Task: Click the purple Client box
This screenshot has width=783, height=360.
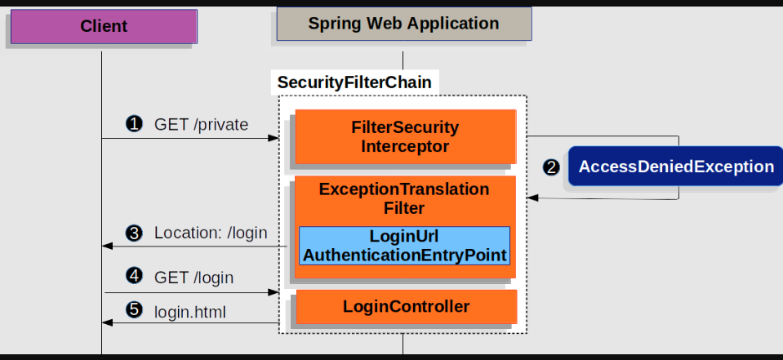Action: coord(104,26)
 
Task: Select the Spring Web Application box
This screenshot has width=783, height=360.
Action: coord(403,24)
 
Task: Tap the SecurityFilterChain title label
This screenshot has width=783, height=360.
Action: coord(354,82)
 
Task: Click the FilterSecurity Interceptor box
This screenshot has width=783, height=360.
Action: coord(405,137)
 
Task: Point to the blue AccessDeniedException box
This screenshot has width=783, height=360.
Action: coord(675,167)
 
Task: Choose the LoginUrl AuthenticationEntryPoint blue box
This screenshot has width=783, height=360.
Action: coord(404,246)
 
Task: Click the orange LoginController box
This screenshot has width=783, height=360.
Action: coord(406,307)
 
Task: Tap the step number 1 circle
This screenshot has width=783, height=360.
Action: coord(134,124)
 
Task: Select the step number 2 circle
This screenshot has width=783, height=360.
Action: coord(552,167)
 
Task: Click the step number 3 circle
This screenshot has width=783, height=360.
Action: coord(134,233)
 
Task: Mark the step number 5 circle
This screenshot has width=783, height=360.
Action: coord(134,311)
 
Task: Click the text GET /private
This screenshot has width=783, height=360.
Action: coord(201,124)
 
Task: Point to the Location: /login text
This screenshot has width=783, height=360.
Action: coord(211,233)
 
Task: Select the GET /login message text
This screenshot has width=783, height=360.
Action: coord(194,278)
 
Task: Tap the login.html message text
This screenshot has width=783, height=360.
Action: coord(190,311)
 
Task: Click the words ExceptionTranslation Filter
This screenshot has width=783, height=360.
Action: coord(404,198)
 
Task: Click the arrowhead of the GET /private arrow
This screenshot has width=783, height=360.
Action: coord(274,138)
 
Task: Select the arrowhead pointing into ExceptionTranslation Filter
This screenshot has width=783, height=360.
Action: coord(532,198)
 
